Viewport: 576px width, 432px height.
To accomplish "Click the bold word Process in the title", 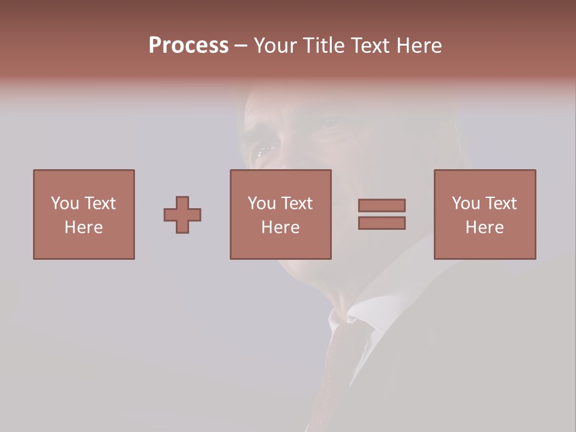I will point(188,46).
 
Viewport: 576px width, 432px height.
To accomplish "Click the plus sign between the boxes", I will point(182,215).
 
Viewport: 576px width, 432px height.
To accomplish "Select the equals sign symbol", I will point(382,214).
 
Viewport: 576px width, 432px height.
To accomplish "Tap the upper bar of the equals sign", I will point(382,205).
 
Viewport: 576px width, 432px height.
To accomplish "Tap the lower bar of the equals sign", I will point(382,223).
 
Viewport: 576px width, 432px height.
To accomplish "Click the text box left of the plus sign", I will point(84,214).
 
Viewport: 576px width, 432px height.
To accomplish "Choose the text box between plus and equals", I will point(280,214).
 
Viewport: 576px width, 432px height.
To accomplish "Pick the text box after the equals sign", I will point(485,214).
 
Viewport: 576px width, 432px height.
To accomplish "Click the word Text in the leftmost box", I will point(100,203).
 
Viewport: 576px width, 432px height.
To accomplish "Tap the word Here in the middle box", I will point(280,227).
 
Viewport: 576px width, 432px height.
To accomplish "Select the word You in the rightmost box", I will point(466,203).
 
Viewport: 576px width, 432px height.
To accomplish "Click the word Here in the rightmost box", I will point(485,227).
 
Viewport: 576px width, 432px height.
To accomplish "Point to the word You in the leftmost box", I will point(65,203).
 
